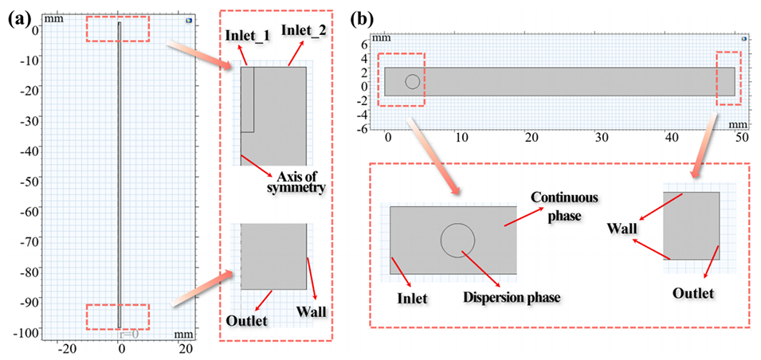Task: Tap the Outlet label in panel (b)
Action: click(x=692, y=292)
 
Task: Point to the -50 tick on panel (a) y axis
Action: click(x=29, y=180)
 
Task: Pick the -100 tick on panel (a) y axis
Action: click(x=26, y=331)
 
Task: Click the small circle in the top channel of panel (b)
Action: click(x=412, y=81)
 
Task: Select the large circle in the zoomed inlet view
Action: click(x=458, y=240)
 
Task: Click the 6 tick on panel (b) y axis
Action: click(x=364, y=43)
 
